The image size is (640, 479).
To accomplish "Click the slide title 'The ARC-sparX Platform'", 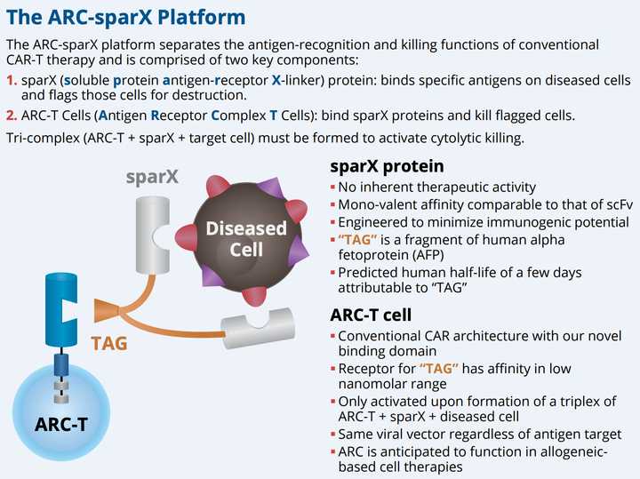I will pos(127,17).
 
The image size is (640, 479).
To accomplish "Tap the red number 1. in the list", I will pos(12,80).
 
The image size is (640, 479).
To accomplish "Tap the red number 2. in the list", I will pos(12,116).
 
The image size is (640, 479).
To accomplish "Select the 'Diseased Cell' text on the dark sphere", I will pos(245,237).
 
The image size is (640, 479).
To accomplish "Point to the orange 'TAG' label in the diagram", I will pos(109,342).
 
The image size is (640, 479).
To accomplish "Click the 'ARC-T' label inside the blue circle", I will pos(60,424).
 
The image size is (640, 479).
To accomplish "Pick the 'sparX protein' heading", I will pos(387,167).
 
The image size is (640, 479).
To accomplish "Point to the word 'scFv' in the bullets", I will pos(614,204).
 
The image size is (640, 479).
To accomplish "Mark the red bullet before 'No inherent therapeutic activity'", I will pos(332,188).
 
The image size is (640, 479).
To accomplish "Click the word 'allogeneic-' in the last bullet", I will pos(569,451).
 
